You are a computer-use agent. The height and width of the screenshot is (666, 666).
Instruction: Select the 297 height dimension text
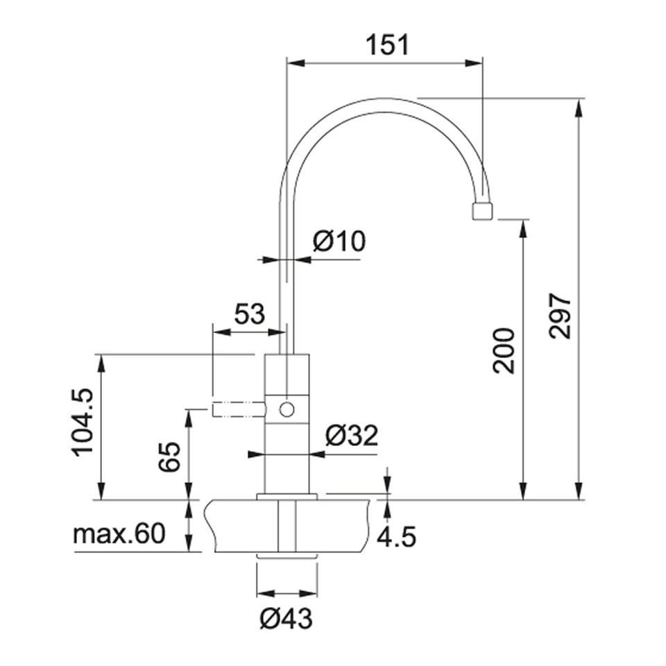(x=560, y=316)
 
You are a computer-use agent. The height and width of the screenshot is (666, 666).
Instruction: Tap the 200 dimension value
(x=504, y=350)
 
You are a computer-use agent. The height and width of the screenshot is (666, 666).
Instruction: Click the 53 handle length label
(x=248, y=314)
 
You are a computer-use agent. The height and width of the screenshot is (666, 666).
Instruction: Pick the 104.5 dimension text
(x=82, y=422)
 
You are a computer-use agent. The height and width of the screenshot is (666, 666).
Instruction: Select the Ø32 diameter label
(x=352, y=436)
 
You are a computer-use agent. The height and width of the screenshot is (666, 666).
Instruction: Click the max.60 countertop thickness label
(x=119, y=534)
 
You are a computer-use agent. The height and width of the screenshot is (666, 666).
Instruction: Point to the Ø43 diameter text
(x=287, y=617)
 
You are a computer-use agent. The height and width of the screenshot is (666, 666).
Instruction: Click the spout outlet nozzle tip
(x=481, y=211)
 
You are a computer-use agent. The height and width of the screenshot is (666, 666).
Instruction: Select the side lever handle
(x=238, y=410)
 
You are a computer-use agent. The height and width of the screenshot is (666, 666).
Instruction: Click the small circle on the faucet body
(x=287, y=410)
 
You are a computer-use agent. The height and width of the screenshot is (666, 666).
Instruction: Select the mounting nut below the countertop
(x=287, y=556)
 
